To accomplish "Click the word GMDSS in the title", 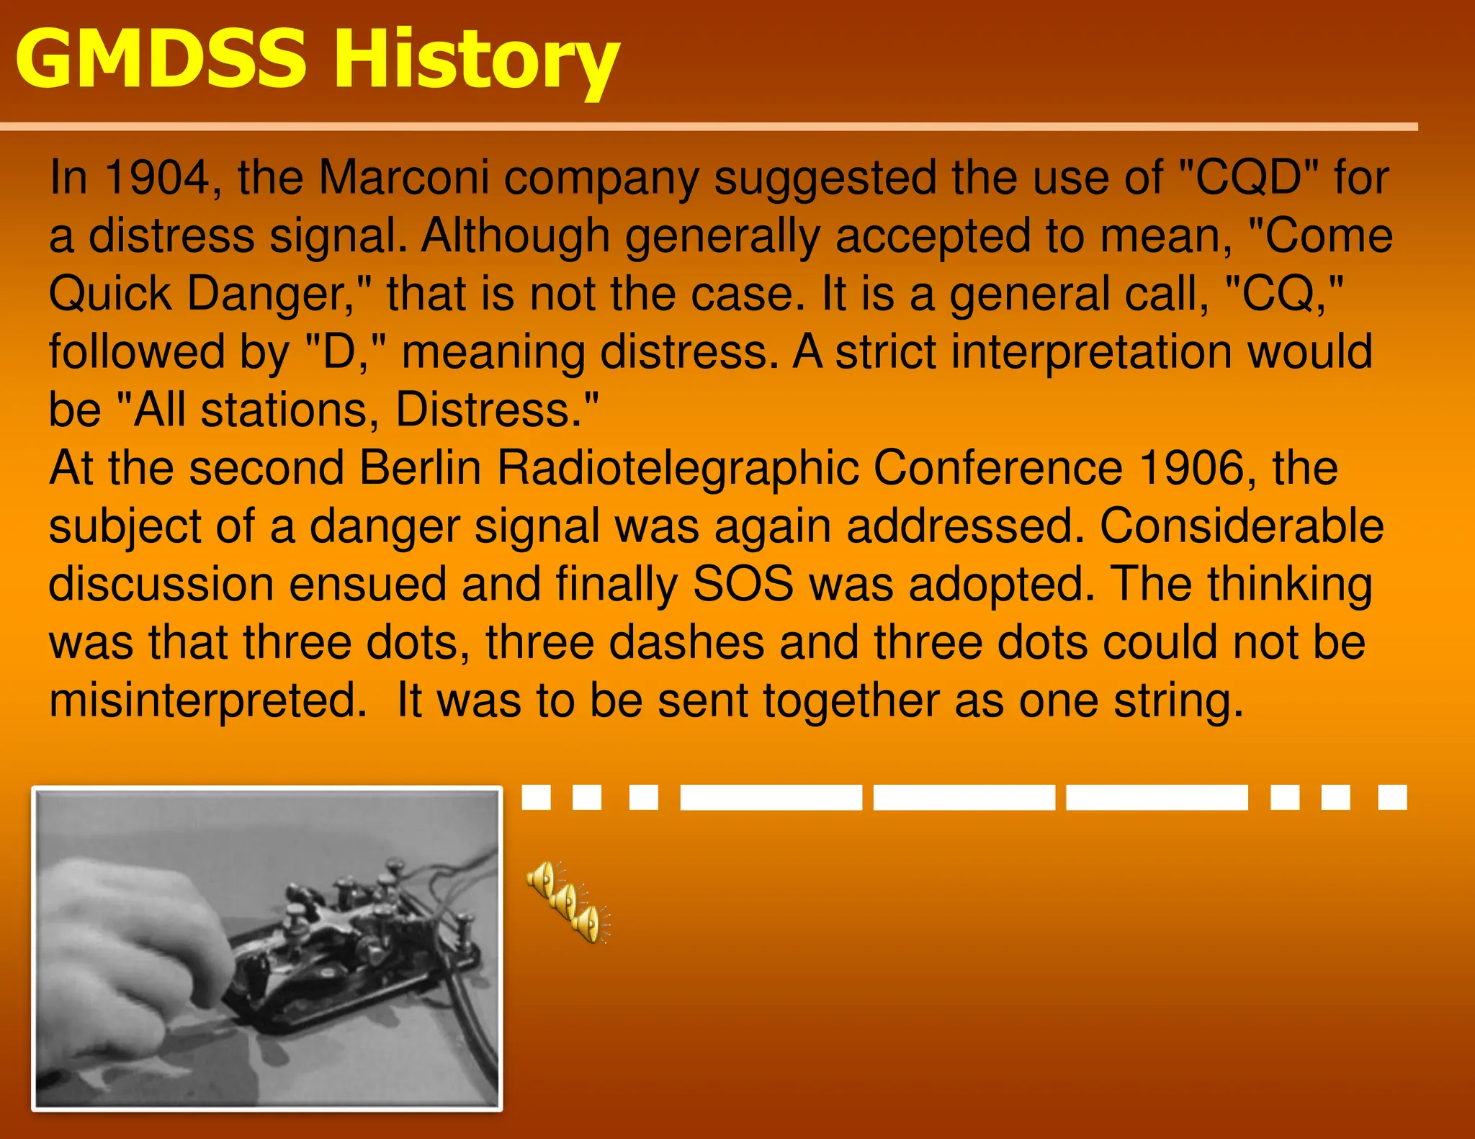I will pyautogui.click(x=160, y=60).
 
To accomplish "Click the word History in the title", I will pyautogui.click(x=475, y=61).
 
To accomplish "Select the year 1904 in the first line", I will pyautogui.click(x=156, y=178).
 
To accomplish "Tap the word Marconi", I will pyautogui.click(x=403, y=178).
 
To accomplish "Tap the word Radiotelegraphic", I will pyautogui.click(x=678, y=469).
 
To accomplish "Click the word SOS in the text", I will pyautogui.click(x=743, y=585).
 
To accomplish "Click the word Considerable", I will pyautogui.click(x=1241, y=526).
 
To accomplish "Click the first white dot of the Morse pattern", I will pyautogui.click(x=536, y=798).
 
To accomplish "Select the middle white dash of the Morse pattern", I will pyautogui.click(x=964, y=798).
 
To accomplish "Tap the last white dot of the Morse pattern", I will pyautogui.click(x=1392, y=798).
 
